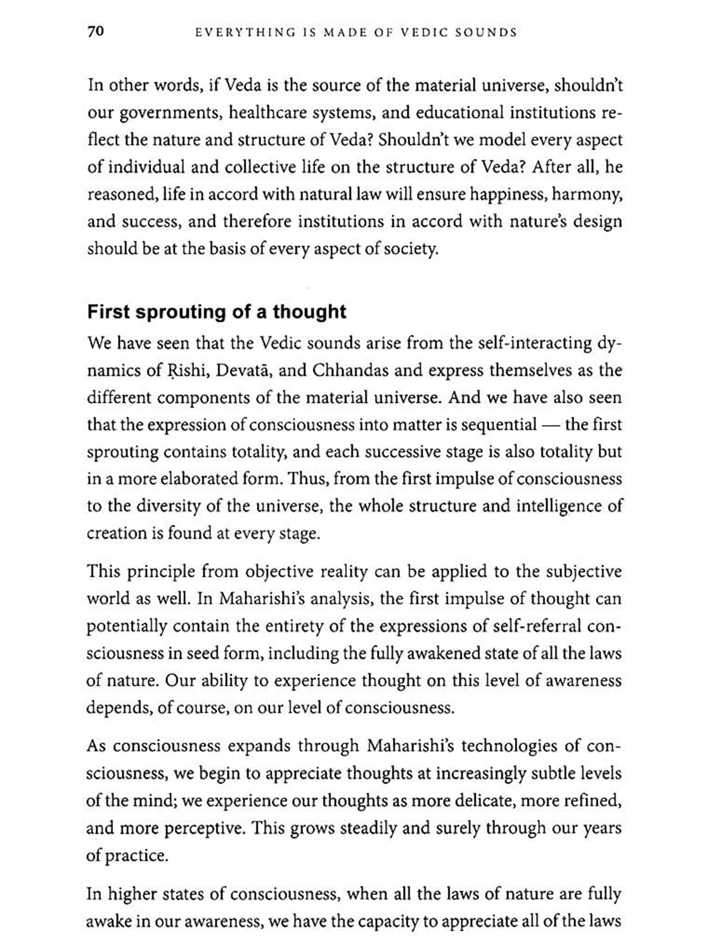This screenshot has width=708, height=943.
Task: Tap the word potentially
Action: coord(127,627)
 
